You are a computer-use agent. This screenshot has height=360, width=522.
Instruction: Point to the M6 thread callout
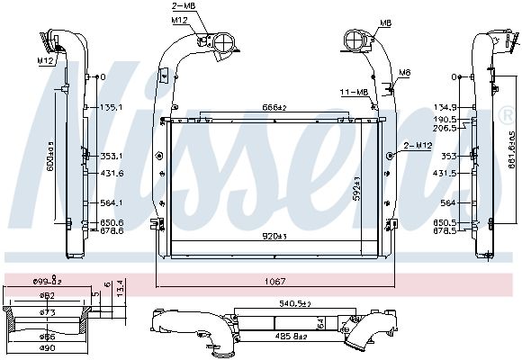[405, 72]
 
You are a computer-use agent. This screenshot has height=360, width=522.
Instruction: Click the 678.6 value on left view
[110, 230]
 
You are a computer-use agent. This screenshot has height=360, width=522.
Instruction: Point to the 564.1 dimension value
[110, 202]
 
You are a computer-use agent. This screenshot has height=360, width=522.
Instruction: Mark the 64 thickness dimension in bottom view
[320, 322]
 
